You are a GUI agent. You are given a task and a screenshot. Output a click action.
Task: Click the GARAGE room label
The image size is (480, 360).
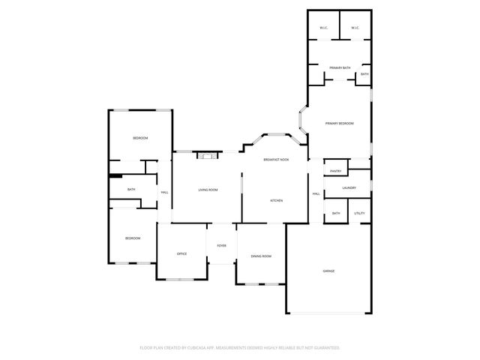click(x=328, y=271)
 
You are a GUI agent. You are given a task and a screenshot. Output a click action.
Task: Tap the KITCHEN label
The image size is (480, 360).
click(x=276, y=200)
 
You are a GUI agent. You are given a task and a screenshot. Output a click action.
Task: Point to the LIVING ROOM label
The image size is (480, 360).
click(x=208, y=190)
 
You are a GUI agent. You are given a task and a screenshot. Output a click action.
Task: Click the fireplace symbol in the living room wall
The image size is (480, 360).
click(x=206, y=155)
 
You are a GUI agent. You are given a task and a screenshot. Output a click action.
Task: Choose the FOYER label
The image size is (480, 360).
click(x=222, y=245)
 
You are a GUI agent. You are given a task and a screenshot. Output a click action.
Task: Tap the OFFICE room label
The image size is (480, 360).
click(x=181, y=254)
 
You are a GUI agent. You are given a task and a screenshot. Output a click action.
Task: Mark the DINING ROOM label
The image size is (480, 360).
click(x=261, y=256)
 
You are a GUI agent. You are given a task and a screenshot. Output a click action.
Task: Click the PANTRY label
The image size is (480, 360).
click(x=336, y=171)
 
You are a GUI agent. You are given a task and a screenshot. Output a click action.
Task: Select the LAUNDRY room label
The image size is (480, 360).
click(x=349, y=187)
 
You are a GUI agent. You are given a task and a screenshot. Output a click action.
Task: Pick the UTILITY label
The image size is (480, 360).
click(x=359, y=214)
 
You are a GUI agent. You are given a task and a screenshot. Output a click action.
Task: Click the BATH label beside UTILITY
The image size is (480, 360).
click(x=336, y=214)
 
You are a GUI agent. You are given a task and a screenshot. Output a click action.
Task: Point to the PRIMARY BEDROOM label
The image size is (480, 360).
click(x=339, y=123)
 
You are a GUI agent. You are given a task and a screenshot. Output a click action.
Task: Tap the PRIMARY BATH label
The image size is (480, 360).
click(x=340, y=68)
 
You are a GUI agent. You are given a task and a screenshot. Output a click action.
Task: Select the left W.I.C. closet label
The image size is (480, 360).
click(x=323, y=28)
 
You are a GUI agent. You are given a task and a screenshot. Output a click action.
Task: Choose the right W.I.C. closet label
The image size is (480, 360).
click(x=355, y=28)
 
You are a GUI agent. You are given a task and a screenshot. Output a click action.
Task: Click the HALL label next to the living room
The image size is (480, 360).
click(x=164, y=193)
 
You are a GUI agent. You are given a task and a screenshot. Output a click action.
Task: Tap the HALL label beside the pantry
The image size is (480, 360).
click(x=316, y=193)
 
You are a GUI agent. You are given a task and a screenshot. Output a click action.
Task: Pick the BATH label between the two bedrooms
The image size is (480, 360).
click(x=131, y=190)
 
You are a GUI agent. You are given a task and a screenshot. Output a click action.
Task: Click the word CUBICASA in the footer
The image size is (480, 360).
click(x=196, y=348)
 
